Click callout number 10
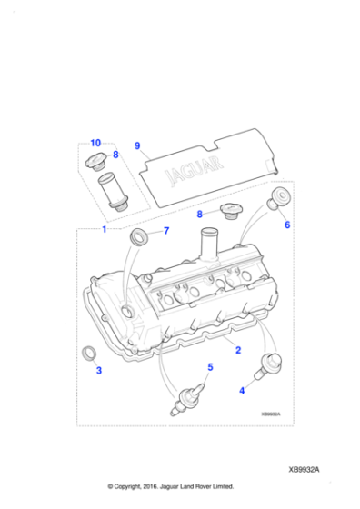pos(95,144)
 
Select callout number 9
pos(137,145)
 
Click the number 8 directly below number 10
pos(115,155)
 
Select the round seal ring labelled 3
pos(89,353)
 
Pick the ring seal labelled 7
pos(139,237)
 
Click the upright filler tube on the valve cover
pos(207,245)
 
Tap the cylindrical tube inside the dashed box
pos(115,193)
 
